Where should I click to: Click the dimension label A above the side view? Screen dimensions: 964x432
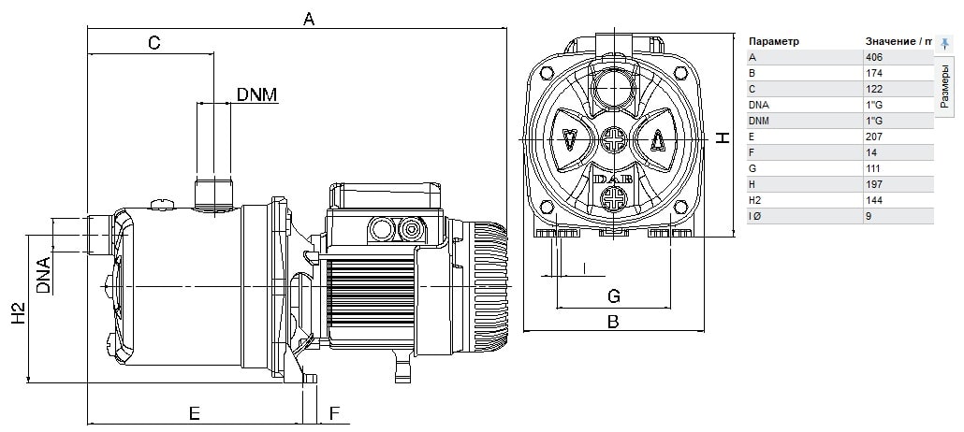coord(309,19)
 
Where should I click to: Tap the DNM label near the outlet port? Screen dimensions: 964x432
coord(257,94)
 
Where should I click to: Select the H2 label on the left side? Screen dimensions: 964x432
coord(20,313)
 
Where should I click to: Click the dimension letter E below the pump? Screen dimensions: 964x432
coord(195,413)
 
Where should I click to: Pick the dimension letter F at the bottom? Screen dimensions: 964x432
coord(334,413)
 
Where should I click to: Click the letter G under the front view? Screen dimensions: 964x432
coord(614,296)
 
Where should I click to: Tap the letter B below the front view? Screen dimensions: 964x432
coord(613,322)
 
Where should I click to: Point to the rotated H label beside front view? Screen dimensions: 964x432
coord(723,137)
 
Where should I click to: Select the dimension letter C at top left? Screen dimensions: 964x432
coord(153,42)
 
